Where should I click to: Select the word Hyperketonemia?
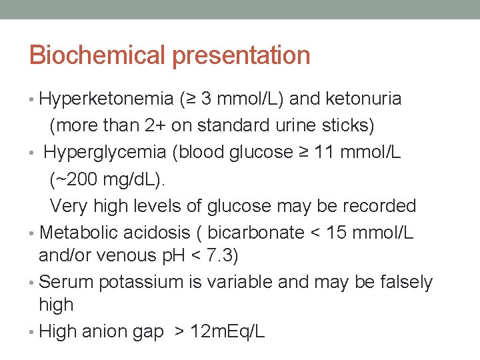click(107, 99)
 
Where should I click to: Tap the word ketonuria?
click(364, 99)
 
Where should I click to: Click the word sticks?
click(350, 125)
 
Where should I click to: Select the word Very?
click(69, 205)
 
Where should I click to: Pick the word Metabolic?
click(81, 232)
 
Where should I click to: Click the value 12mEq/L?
click(227, 331)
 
